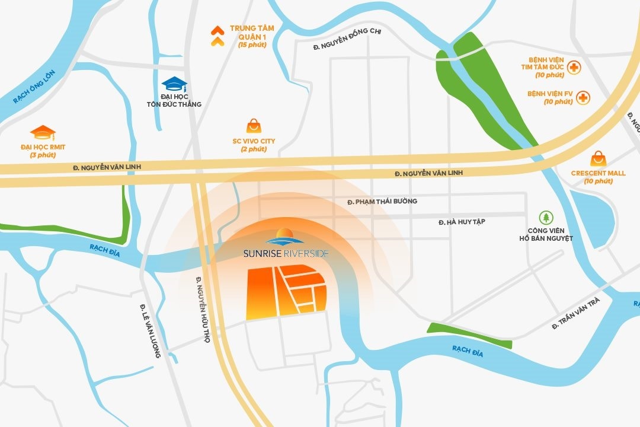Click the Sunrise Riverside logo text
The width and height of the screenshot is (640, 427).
click(x=286, y=253)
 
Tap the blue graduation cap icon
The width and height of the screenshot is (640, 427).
click(x=174, y=84)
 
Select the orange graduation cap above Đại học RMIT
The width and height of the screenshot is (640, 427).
click(x=43, y=132)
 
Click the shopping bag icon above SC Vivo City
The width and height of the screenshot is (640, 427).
click(x=254, y=126)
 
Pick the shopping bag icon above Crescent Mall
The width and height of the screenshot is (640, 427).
click(x=598, y=158)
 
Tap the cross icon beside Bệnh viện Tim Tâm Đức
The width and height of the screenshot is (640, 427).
click(x=574, y=68)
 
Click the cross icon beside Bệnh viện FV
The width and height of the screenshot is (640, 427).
click(x=583, y=97)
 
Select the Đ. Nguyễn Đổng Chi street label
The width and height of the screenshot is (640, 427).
click(x=347, y=47)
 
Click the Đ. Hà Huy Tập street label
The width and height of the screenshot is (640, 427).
click(x=462, y=222)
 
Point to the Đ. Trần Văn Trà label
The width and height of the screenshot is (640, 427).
click(x=575, y=314)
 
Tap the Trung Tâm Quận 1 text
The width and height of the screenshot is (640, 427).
click(x=252, y=32)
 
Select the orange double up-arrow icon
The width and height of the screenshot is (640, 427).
click(x=217, y=36)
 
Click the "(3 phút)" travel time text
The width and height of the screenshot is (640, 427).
click(x=42, y=155)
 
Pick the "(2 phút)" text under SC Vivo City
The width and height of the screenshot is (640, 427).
click(x=254, y=149)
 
